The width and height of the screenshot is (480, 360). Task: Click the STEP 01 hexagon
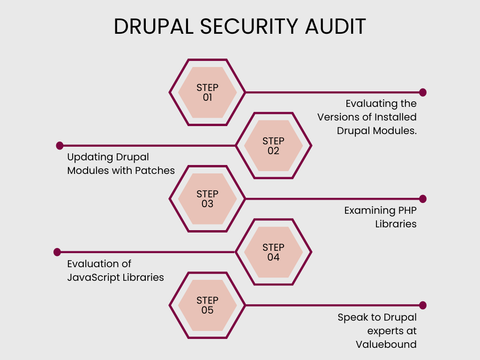coord(207,92)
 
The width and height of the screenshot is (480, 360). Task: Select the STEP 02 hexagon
coord(273,146)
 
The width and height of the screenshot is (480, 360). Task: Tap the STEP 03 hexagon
coord(207,199)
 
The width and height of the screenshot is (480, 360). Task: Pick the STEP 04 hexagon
coord(273,252)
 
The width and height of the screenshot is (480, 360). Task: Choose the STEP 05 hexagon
coord(207,305)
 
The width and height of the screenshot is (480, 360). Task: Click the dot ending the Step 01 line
coord(423,92)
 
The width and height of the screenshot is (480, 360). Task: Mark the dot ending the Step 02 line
coord(60,146)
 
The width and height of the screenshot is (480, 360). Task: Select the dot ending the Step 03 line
coord(423,199)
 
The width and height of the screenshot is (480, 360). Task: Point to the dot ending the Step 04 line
coord(58,252)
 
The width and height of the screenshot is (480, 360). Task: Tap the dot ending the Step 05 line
coord(423,305)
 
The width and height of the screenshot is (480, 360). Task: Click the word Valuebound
coord(386,344)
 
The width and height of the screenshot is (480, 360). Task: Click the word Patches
coord(155,170)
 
